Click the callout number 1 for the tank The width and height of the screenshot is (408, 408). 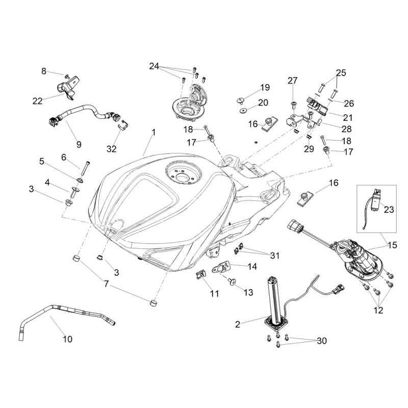(154, 132)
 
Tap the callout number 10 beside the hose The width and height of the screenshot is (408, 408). (67, 339)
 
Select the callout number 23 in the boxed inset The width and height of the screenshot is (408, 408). (389, 209)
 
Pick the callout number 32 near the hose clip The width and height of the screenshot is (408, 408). (112, 149)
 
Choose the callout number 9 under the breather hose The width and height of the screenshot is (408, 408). (79, 144)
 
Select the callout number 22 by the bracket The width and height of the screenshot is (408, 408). (37, 101)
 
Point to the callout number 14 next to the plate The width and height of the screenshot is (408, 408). (252, 266)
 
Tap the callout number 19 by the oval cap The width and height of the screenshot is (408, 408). (265, 87)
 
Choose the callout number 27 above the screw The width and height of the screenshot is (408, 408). (292, 81)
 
